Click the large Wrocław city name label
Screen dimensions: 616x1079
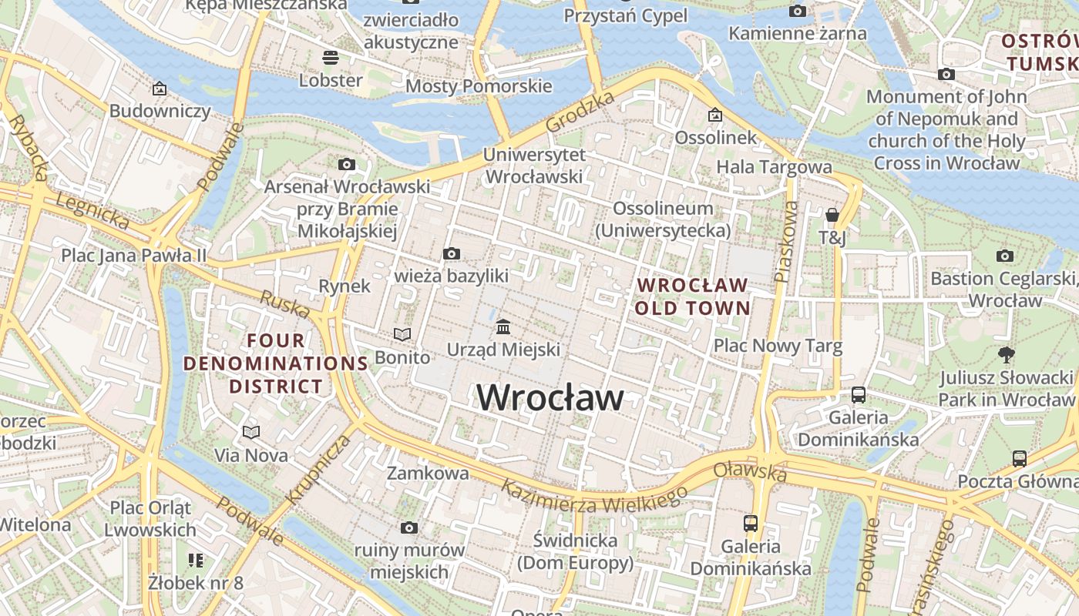[550, 398]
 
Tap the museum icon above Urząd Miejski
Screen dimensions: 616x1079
[503, 327]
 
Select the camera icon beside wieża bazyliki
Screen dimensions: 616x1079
[452, 253]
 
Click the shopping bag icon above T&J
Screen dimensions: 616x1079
[832, 215]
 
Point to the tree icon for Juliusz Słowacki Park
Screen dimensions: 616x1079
[1006, 355]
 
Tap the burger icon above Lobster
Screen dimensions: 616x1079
[331, 57]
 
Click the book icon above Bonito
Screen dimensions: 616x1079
[402, 334]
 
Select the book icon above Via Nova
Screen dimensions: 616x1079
[251, 432]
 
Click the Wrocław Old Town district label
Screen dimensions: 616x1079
[693, 296]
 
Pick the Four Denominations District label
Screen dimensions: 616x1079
[276, 363]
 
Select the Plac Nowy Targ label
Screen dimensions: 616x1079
[778, 346]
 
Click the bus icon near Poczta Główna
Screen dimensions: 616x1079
[1019, 459]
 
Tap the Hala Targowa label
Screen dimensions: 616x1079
[774, 167]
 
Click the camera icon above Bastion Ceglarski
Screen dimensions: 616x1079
[1004, 256]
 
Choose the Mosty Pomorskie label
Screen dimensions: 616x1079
[479, 86]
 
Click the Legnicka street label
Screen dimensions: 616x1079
[92, 211]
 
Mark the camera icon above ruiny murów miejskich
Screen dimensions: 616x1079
[409, 527]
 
